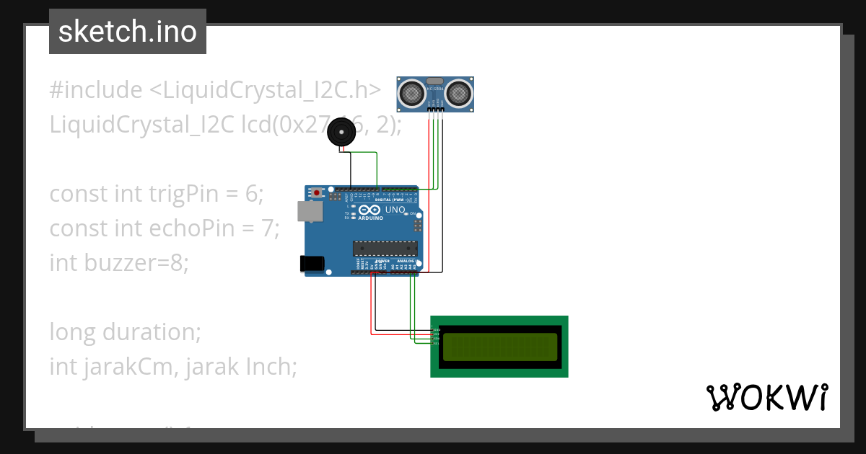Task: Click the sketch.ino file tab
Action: (x=128, y=32)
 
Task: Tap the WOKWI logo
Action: (x=766, y=397)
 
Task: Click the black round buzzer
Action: (x=341, y=133)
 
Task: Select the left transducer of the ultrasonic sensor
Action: (x=412, y=92)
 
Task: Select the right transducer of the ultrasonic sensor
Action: (x=459, y=92)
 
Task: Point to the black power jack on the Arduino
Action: (x=312, y=264)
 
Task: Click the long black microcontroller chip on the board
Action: (x=385, y=249)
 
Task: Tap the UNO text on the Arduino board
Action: (x=395, y=210)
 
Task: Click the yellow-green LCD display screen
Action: (x=500, y=347)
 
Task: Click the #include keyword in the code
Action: (x=96, y=90)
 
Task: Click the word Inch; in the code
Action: (x=272, y=367)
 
